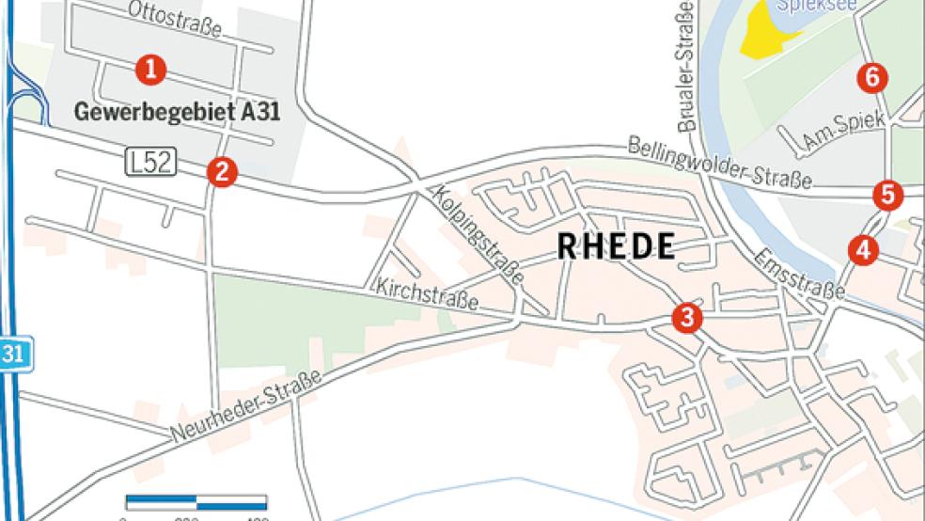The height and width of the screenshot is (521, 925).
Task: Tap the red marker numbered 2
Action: (222, 170)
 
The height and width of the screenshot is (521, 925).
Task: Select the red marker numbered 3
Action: (687, 318)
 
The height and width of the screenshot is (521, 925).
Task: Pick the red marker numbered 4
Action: (863, 249)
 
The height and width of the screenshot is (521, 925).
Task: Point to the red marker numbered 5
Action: (887, 195)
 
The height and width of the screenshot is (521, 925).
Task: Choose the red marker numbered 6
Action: (872, 77)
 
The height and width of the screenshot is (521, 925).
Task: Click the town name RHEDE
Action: (616, 247)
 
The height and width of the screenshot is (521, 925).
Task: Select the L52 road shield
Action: (149, 163)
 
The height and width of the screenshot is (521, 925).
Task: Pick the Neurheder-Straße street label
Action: (246, 406)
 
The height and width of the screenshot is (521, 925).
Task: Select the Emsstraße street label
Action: (799, 274)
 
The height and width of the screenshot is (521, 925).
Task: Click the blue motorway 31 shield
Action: (11, 355)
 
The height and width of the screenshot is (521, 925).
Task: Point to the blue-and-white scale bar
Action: (196, 501)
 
